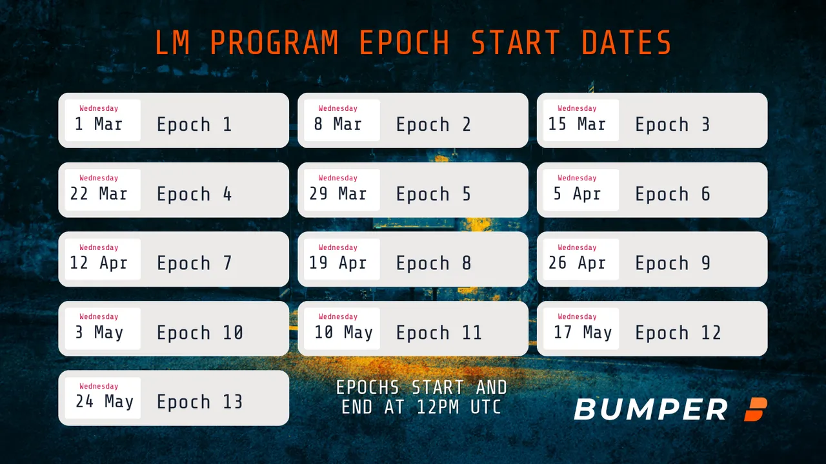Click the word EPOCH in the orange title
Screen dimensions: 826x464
point(405,43)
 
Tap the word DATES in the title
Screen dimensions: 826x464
point(627,43)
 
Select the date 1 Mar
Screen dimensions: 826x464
point(99,124)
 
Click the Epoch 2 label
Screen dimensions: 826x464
point(434,124)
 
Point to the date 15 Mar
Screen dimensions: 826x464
point(577,124)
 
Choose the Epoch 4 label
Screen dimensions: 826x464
point(194,194)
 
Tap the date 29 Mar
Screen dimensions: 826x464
point(337,193)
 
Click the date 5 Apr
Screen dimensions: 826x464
point(577,193)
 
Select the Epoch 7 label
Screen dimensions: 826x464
point(194,263)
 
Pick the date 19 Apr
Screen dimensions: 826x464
point(337,262)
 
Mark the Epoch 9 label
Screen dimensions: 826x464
point(672,263)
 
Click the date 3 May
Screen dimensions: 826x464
point(99,332)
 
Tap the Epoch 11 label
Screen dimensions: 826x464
point(439,333)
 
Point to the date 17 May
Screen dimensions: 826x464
point(583,332)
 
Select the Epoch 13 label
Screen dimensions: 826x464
point(199,401)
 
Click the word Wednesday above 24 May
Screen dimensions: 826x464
point(99,386)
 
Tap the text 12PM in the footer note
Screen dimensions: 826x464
point(438,407)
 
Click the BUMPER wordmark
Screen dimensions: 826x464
point(651,409)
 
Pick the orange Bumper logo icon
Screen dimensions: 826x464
point(756,409)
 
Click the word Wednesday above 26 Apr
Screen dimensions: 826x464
point(577,247)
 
